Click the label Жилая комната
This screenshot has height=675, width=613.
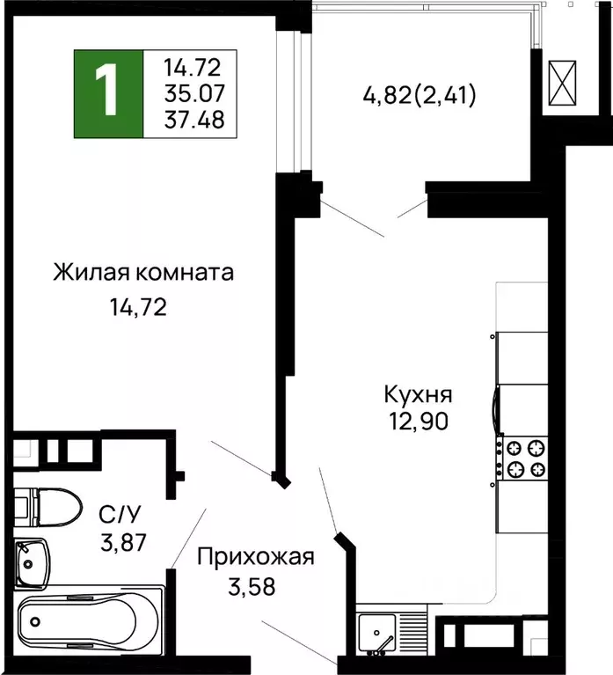(x=143, y=273)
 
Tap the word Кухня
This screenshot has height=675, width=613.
(x=418, y=393)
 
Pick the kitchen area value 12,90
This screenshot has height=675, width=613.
(x=416, y=421)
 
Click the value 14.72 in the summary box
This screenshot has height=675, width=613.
(x=193, y=66)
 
